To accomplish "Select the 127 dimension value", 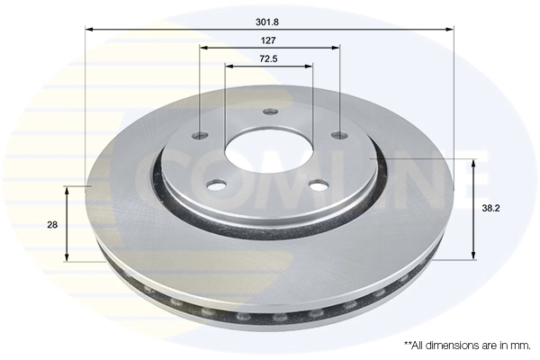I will [x=269, y=40].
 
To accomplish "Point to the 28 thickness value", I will [x=53, y=225].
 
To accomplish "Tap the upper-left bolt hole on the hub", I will [x=200, y=137].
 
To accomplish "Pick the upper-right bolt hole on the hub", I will [x=337, y=135].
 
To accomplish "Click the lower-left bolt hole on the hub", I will [x=215, y=184].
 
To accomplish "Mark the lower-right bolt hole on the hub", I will [x=318, y=184].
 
